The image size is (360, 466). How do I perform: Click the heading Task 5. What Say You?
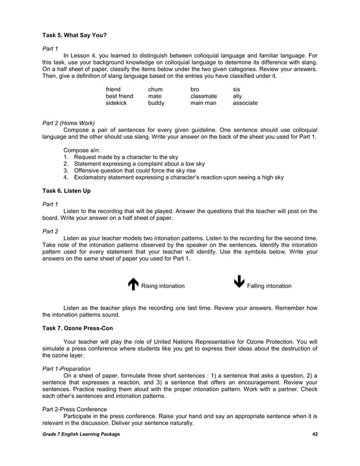click(x=75, y=35)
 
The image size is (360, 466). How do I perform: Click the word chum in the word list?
click(x=155, y=89)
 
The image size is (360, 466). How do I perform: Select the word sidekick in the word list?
click(x=117, y=104)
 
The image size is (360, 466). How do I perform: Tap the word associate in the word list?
click(x=245, y=104)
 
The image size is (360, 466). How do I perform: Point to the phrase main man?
click(x=203, y=104)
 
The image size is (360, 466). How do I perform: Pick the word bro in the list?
click(x=195, y=89)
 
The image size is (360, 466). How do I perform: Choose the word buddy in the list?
click(x=156, y=104)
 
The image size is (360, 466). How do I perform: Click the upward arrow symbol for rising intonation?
click(x=133, y=285)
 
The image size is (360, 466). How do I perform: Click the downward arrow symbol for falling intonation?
click(x=239, y=282)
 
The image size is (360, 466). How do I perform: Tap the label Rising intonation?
click(x=163, y=286)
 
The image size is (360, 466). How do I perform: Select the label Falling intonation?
click(x=269, y=286)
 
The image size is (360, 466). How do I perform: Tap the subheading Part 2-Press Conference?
click(x=75, y=409)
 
